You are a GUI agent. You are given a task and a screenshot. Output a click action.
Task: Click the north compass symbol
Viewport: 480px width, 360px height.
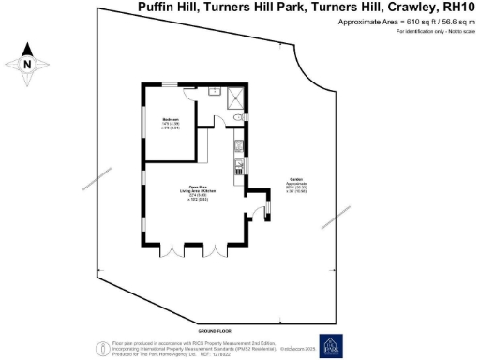click(x=28, y=64)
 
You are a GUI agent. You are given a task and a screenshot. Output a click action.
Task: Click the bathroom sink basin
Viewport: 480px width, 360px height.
click(x=214, y=91)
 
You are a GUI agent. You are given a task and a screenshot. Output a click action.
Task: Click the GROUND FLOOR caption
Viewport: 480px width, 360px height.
click(x=214, y=331)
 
